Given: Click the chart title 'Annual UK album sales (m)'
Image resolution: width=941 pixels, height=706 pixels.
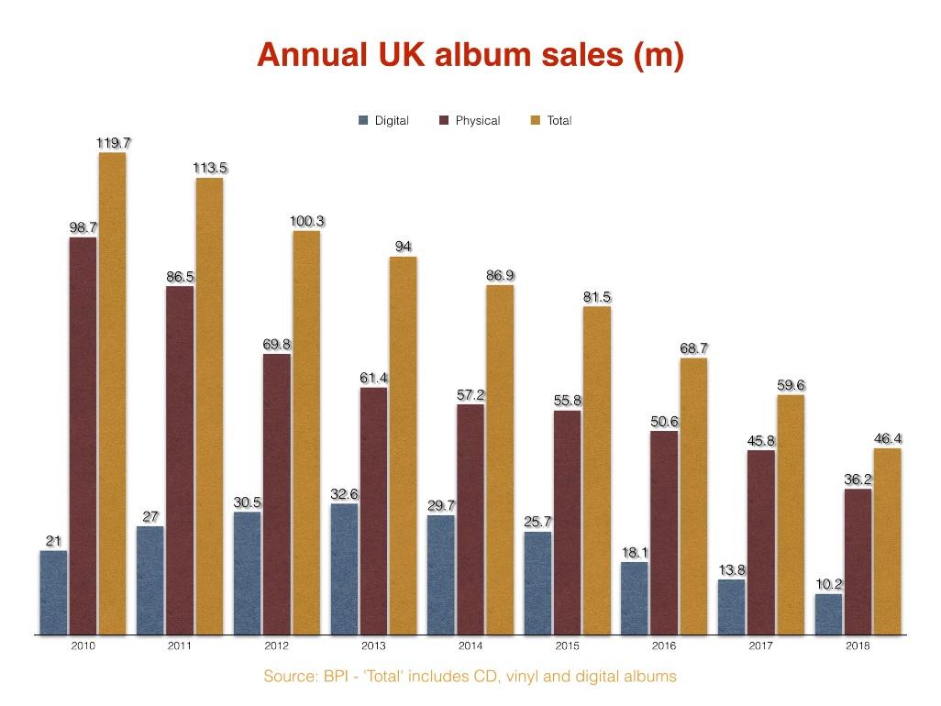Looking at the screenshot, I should [x=470, y=55].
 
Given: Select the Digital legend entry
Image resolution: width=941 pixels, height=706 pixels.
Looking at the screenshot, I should [x=384, y=121].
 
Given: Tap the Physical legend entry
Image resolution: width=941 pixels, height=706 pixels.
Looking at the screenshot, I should [x=470, y=121].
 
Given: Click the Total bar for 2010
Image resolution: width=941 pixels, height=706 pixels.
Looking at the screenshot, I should [x=112, y=394].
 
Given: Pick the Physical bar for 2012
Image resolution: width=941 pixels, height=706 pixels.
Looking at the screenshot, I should [x=277, y=495].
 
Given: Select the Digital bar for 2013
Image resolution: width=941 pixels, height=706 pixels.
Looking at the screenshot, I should [x=344, y=568].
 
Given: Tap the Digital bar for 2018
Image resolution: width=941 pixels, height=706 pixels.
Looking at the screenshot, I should [x=829, y=614].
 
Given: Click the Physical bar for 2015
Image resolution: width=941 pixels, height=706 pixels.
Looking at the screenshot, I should [x=568, y=523].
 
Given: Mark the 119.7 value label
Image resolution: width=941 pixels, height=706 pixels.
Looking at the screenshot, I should [x=114, y=143].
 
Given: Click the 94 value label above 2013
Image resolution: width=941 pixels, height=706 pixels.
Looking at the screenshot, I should [x=403, y=247].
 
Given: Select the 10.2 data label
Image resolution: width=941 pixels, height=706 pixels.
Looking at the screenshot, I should [x=829, y=584].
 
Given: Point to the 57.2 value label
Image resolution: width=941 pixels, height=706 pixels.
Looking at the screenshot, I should [x=470, y=395].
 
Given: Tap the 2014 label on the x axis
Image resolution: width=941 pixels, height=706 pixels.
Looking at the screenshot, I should [x=470, y=646].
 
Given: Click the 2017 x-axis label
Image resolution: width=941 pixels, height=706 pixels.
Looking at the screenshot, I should [x=761, y=646].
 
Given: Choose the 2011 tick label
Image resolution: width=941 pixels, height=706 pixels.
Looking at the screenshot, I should [x=180, y=646].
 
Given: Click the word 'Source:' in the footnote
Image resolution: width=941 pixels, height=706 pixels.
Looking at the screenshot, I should [x=290, y=677].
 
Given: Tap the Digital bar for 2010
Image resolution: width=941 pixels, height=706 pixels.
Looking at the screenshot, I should [x=53, y=592].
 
